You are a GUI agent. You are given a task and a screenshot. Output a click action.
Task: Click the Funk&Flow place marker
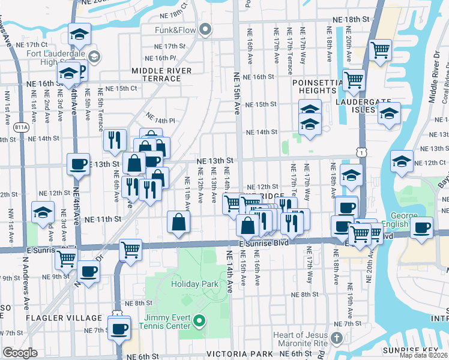pyautogui.click(x=206, y=29)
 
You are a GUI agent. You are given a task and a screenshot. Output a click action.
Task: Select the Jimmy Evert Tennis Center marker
pyautogui.click(x=201, y=325)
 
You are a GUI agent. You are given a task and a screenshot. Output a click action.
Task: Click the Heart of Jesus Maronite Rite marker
pyautogui.click(x=337, y=339)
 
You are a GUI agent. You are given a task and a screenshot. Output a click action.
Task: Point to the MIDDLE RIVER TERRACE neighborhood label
pyautogui.click(x=162, y=71)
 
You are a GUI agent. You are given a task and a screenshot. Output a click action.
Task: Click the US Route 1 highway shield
pyautogui.click(x=359, y=154)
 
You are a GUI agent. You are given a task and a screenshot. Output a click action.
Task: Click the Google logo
pyautogui.click(x=20, y=353)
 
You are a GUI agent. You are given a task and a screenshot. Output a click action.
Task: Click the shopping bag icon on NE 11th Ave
pyautogui.click(x=179, y=222)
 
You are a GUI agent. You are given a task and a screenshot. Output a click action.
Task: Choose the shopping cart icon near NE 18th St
pyautogui.click(x=380, y=50)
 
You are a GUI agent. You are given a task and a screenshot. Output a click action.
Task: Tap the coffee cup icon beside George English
pyautogui.click(x=421, y=228)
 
